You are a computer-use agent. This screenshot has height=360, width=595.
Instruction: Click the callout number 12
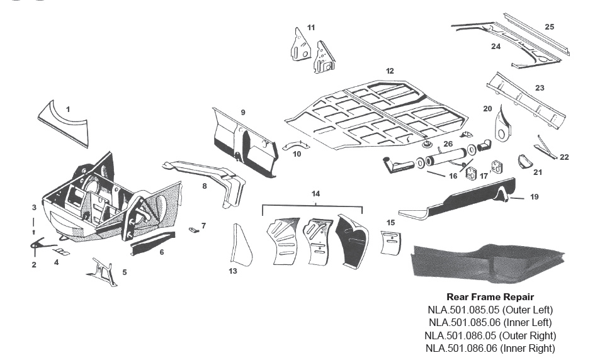coord(390,71)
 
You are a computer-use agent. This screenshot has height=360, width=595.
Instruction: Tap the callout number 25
coord(549,27)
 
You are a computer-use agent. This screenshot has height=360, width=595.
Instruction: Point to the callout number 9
coord(242,112)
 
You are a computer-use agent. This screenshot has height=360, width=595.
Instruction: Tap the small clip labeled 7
coord(195,230)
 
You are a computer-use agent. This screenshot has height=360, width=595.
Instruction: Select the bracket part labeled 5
coord(103,272)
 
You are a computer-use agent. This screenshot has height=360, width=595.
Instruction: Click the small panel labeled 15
coord(390,242)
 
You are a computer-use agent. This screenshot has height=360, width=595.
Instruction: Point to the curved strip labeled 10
coord(292,146)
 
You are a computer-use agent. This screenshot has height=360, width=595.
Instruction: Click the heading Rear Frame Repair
coord(490,296)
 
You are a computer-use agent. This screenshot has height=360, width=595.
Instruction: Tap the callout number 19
coord(534,197)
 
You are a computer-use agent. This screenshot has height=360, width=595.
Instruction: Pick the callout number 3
coord(34,207)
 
